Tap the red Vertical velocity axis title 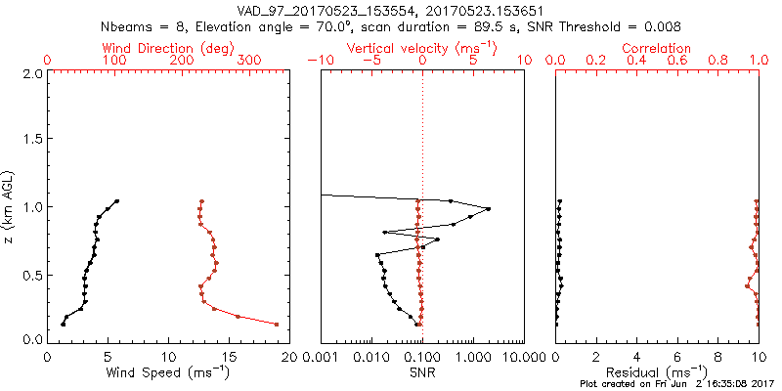click(422, 48)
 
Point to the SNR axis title click(422, 373)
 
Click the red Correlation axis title click(658, 48)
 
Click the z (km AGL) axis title click(10, 206)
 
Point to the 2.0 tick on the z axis click(31, 73)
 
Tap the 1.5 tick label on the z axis click(31, 140)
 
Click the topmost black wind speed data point click(116, 201)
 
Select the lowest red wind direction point click(277, 324)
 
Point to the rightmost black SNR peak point click(488, 209)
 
